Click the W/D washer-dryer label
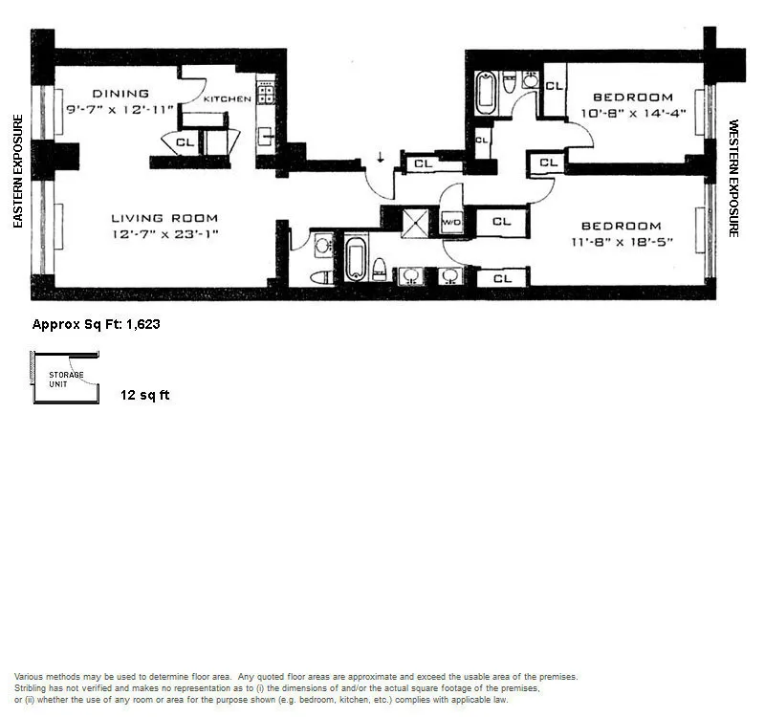(x=450, y=222)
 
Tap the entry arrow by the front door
(x=381, y=158)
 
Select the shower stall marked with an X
(x=417, y=223)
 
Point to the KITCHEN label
(x=228, y=98)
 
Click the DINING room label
(x=120, y=94)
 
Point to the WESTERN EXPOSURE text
(x=734, y=178)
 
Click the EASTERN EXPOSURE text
(x=17, y=172)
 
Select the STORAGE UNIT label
(x=66, y=379)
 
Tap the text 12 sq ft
(x=145, y=395)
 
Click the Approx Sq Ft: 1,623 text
(x=96, y=324)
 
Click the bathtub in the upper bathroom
(x=486, y=96)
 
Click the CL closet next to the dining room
(x=184, y=142)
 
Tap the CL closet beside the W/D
(x=501, y=222)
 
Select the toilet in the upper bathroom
(x=509, y=85)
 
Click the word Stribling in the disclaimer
(x=34, y=687)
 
